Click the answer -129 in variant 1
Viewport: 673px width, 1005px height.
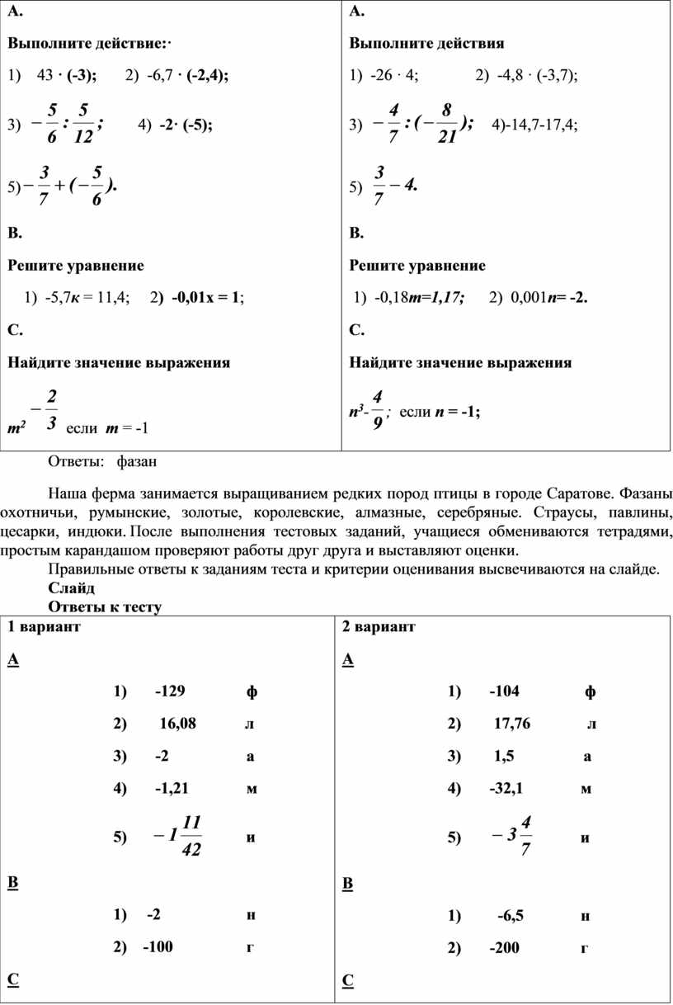click(172, 691)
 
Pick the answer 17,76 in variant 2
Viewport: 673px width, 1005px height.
click(512, 724)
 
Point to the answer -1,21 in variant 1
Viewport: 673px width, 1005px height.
click(172, 788)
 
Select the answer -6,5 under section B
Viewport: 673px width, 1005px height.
click(510, 915)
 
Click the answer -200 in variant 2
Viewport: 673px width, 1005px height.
click(504, 947)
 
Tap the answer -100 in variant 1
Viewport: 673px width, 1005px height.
click(158, 947)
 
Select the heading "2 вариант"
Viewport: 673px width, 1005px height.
click(379, 627)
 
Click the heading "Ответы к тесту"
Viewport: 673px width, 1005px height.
click(105, 606)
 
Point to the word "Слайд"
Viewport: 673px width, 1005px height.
click(72, 587)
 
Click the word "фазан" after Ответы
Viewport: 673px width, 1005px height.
click(137, 460)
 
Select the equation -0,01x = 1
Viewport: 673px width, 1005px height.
click(202, 298)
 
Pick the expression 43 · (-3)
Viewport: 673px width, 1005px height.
click(67, 75)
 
